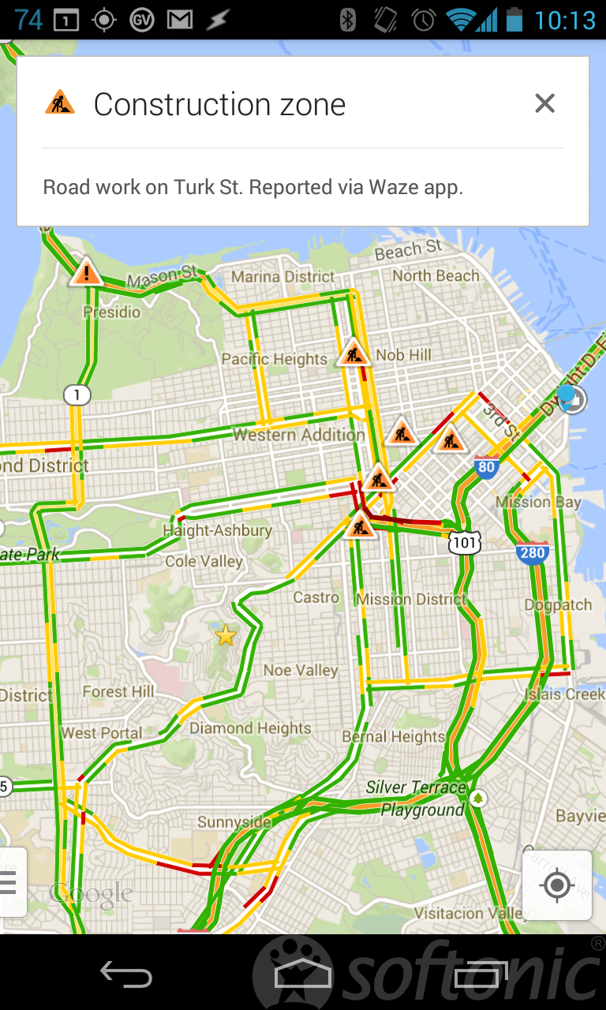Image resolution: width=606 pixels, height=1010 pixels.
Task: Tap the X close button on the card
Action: [544, 103]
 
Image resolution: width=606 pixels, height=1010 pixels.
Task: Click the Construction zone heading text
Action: [219, 104]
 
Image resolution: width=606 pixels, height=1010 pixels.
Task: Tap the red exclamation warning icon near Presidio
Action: [87, 273]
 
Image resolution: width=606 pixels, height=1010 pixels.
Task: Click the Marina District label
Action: [282, 277]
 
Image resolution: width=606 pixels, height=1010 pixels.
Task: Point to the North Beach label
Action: [436, 275]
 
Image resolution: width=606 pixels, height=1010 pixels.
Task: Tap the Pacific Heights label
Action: [274, 359]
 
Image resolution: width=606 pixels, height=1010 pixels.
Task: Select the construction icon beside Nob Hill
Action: [353, 353]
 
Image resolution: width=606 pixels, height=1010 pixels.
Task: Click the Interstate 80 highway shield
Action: [487, 467]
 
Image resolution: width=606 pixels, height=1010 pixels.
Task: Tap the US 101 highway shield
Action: [465, 543]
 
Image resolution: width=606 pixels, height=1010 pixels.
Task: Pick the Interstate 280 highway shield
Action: [532, 552]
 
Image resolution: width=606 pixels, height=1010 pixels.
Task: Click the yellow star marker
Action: [226, 634]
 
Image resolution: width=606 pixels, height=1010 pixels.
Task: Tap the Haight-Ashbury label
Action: [217, 531]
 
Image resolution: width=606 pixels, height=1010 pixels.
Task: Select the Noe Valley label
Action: [300, 670]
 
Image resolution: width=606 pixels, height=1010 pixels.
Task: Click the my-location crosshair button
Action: [557, 885]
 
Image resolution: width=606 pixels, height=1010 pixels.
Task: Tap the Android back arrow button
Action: [125, 974]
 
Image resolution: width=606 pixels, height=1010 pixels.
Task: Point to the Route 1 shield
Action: [77, 395]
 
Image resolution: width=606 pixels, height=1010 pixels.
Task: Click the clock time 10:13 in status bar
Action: [565, 20]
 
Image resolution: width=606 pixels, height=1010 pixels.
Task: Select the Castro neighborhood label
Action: [316, 597]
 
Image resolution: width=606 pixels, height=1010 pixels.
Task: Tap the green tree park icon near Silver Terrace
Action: [477, 799]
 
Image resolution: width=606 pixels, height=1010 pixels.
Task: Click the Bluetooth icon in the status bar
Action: [347, 20]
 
